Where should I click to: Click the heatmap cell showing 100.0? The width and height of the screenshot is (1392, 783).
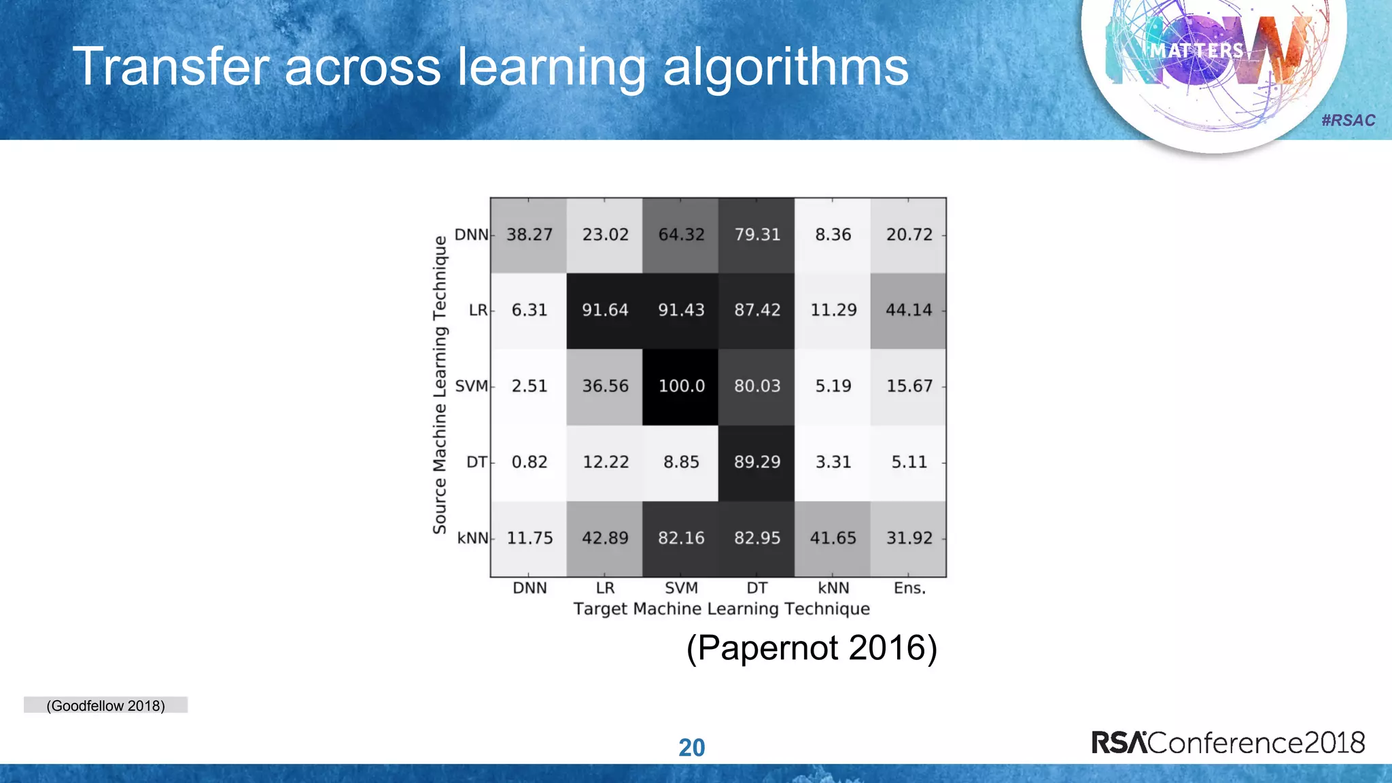pyautogui.click(x=681, y=386)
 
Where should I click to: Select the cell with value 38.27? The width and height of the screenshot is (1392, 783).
pyautogui.click(x=529, y=234)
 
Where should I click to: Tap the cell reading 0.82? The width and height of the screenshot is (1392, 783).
pyautogui.click(x=529, y=462)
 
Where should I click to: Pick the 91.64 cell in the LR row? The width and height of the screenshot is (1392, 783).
pyautogui.click(x=605, y=310)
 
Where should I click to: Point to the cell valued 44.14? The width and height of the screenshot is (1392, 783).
pyautogui.click(x=909, y=310)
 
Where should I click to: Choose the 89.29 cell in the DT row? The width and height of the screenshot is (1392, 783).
pyautogui.click(x=757, y=462)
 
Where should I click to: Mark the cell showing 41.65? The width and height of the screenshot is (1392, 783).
pyautogui.click(x=833, y=538)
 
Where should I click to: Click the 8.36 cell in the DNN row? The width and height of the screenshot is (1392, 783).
pyautogui.click(x=833, y=234)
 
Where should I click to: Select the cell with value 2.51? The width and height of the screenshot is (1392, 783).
pyautogui.click(x=529, y=386)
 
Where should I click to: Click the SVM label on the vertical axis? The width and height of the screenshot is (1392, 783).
pyautogui.click(x=471, y=386)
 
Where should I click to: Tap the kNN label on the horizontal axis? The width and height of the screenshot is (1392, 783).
pyautogui.click(x=833, y=588)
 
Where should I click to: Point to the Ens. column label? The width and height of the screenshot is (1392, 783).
pyautogui.click(x=909, y=588)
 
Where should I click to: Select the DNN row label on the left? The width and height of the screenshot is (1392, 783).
pyautogui.click(x=471, y=234)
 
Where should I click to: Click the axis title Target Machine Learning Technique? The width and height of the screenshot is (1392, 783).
pyautogui.click(x=721, y=608)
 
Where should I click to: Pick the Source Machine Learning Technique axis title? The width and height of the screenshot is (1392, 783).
pyautogui.click(x=440, y=385)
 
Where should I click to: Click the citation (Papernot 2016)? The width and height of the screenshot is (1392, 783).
pyautogui.click(x=812, y=647)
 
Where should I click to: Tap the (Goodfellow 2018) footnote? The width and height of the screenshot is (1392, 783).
pyautogui.click(x=105, y=706)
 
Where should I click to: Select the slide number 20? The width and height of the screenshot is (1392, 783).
pyautogui.click(x=692, y=748)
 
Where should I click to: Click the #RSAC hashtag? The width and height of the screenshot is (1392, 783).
pyautogui.click(x=1348, y=120)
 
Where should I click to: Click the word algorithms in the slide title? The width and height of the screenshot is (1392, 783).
pyautogui.click(x=785, y=67)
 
